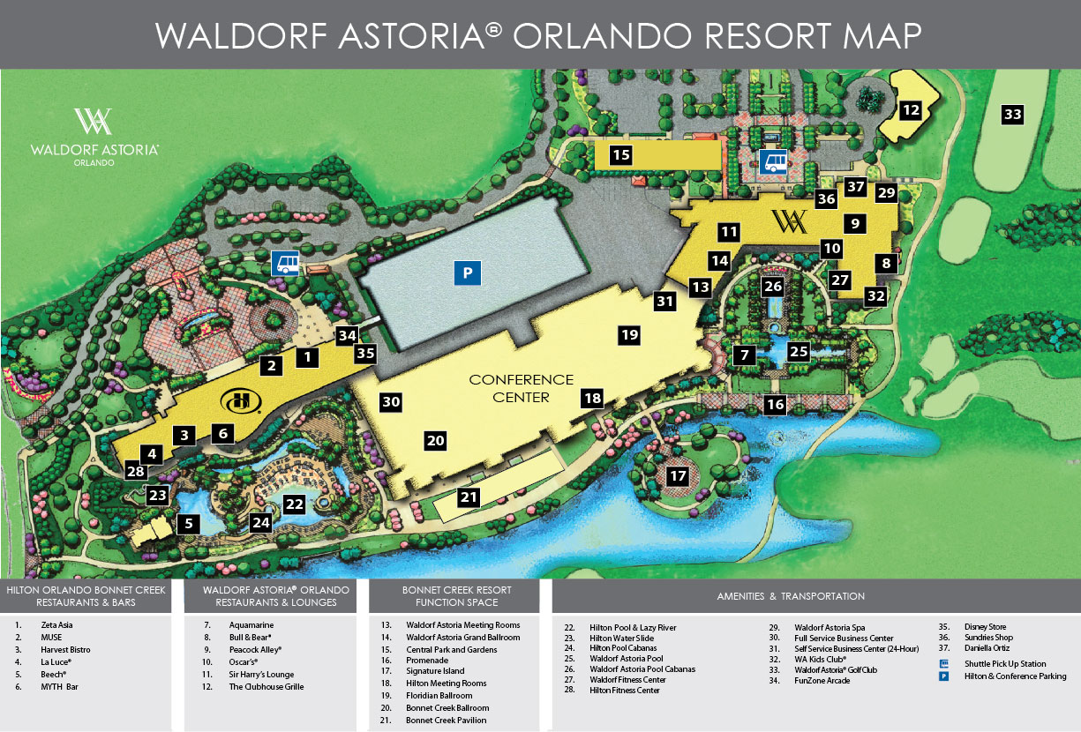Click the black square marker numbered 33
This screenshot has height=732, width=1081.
1012,114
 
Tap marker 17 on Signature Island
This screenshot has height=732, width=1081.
678,476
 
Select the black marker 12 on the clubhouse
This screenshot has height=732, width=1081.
911,110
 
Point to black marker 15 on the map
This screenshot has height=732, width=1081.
621,155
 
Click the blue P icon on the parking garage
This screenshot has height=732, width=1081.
469,273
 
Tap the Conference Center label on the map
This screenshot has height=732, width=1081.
521,388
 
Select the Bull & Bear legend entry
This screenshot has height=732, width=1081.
250,637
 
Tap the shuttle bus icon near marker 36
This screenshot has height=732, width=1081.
774,161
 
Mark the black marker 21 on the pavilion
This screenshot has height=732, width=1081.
469,497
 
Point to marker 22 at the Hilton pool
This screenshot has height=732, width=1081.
294,504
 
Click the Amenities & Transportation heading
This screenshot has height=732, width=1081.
790,596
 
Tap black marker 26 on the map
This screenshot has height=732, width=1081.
773,287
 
